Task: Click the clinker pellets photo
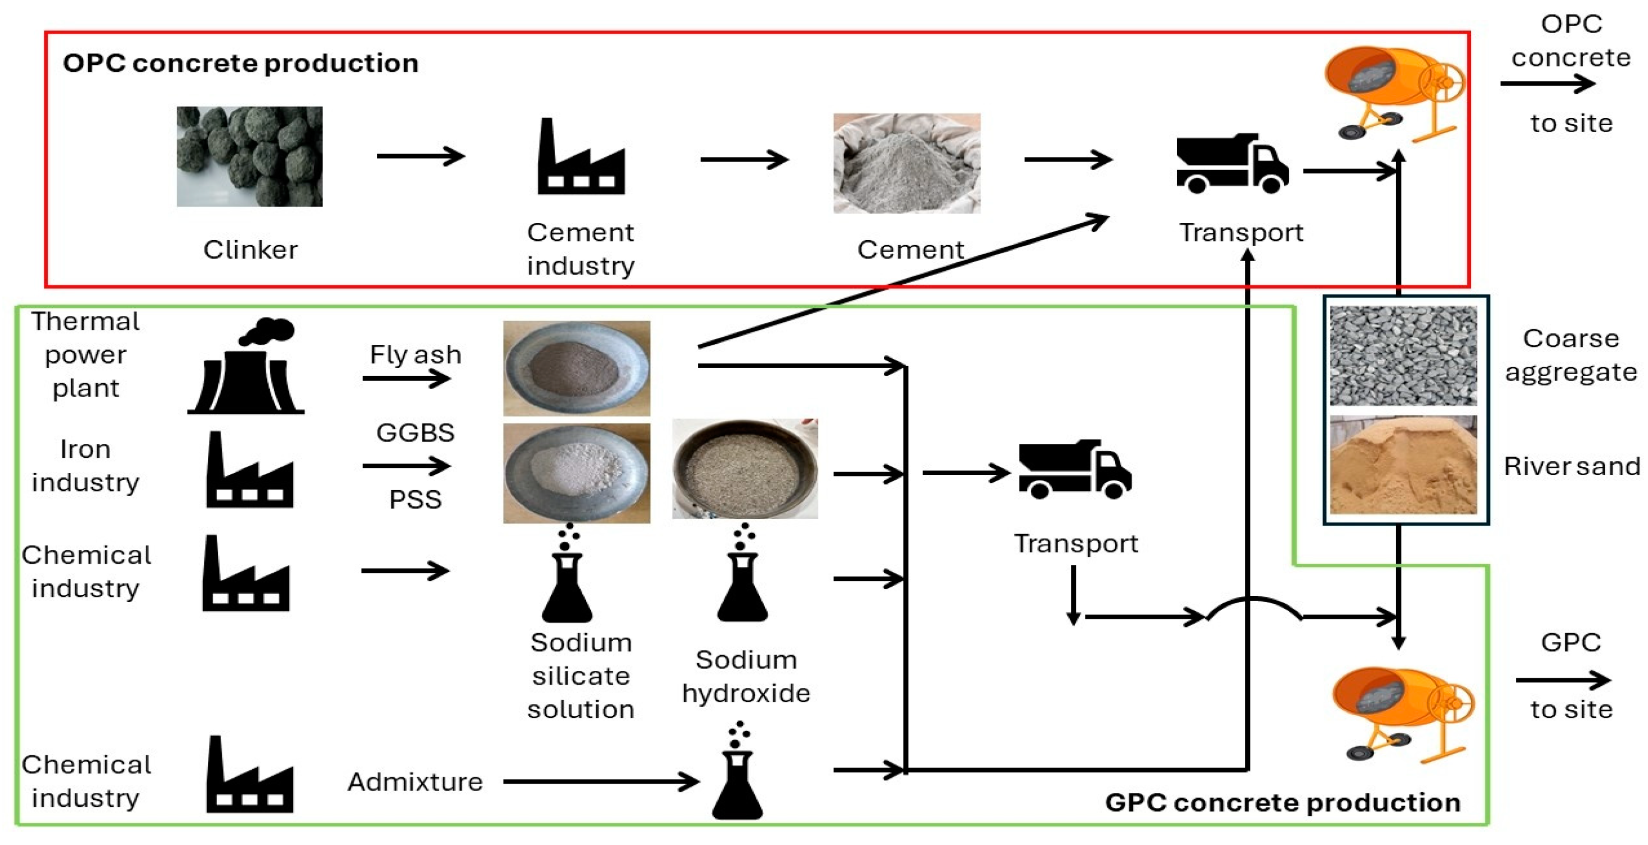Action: click(x=249, y=157)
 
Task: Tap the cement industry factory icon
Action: click(x=581, y=158)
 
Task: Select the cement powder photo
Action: click(x=906, y=164)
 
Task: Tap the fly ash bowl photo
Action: click(x=577, y=369)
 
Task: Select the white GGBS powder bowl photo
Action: click(x=577, y=473)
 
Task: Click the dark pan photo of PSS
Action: click(x=744, y=469)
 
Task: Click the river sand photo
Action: click(x=1403, y=465)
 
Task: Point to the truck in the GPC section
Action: click(x=1074, y=469)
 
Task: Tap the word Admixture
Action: click(x=414, y=782)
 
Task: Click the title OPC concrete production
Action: click(x=241, y=63)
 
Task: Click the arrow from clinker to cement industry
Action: click(x=420, y=156)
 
